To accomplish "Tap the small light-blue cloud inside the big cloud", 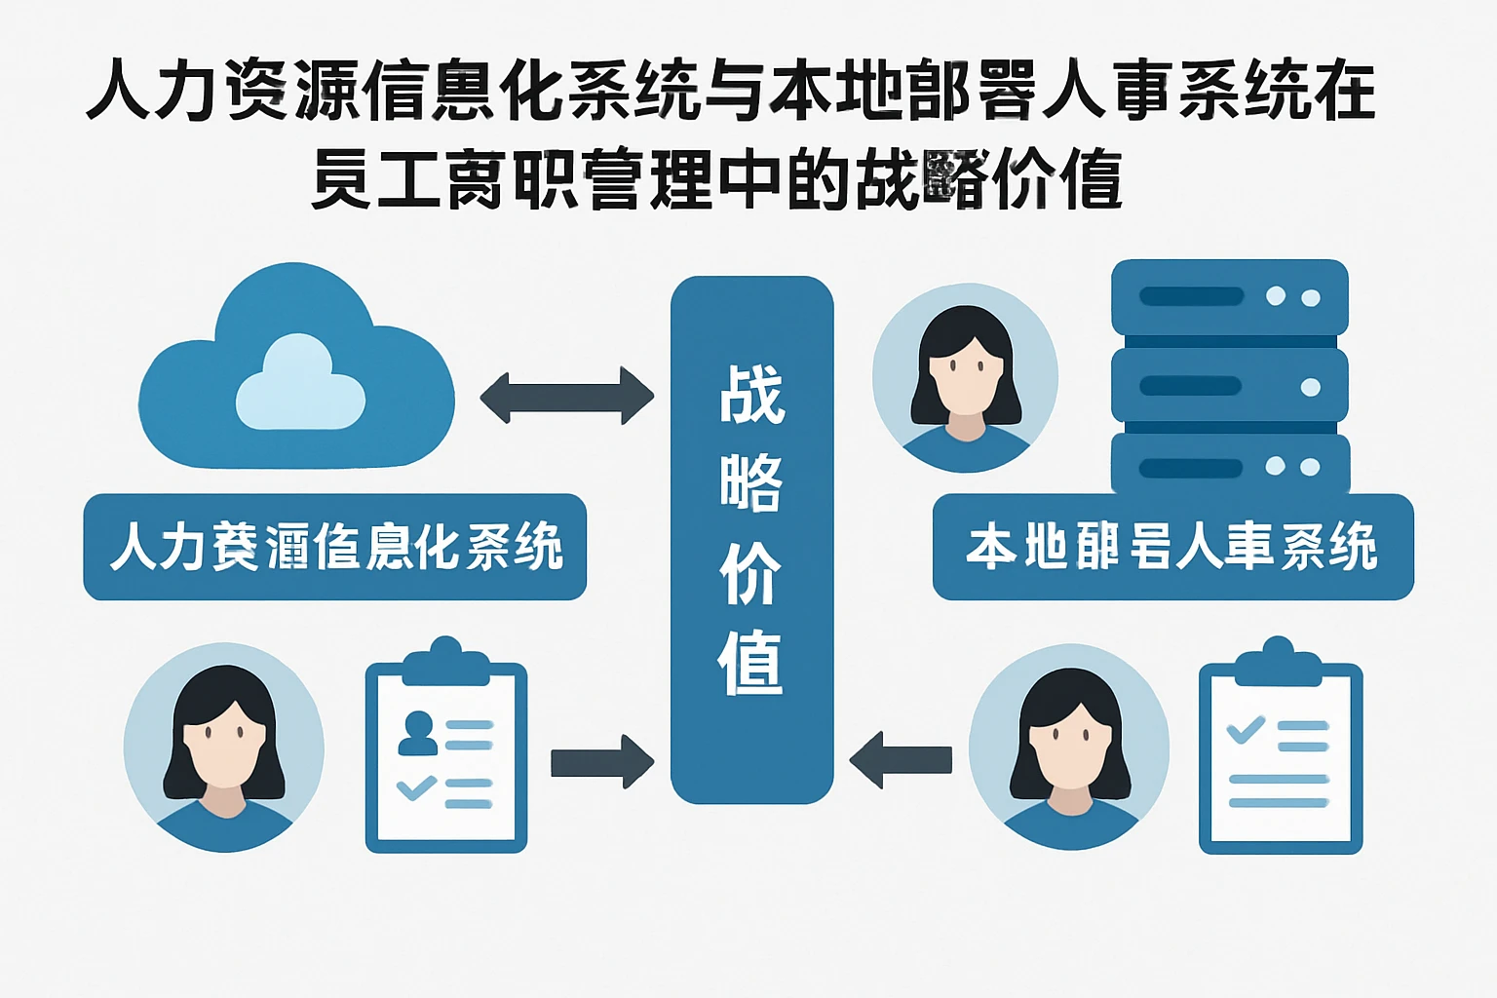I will pos(300,384).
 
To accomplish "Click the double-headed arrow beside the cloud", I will pos(566,396).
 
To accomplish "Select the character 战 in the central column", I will pos(751,395).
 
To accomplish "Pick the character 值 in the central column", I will pos(751,663).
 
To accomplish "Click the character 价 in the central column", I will pos(751,575).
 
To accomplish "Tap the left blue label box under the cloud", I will pos(334,547).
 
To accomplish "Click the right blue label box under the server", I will pos(1172,547).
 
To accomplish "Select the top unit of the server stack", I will pos(1229,296).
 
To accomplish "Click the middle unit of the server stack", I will pos(1229,386).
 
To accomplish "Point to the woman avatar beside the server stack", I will pos(965,378).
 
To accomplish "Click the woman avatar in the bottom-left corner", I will pos(224,747).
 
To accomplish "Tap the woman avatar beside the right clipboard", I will pos(1069,747).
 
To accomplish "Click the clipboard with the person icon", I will pos(446,750).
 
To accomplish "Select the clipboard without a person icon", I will pos(1280,750).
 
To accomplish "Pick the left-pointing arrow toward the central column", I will pos(901,759).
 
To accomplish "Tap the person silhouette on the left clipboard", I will pos(419,733).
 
